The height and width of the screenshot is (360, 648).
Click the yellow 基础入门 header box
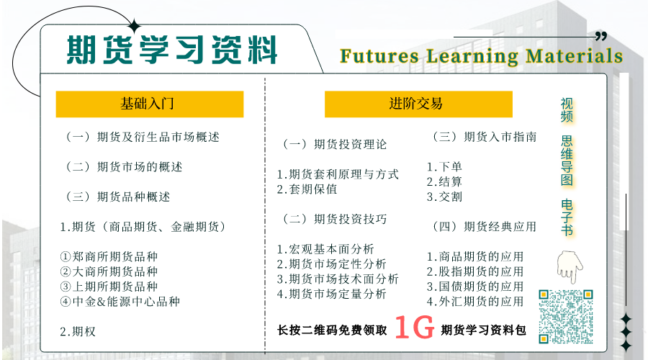(150, 104)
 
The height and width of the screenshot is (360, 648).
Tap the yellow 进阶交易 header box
(418, 104)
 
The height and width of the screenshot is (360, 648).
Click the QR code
(566, 317)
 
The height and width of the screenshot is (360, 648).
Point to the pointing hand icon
(570, 266)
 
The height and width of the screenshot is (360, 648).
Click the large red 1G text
(415, 328)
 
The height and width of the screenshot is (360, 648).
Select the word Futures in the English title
(379, 56)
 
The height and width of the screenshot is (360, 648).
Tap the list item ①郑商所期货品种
(109, 256)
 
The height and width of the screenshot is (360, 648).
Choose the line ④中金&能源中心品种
(120, 302)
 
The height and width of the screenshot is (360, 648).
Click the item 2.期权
(78, 331)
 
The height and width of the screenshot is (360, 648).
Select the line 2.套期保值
(307, 189)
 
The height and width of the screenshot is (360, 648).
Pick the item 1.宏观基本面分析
(325, 249)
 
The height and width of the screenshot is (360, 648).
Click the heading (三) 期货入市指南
(485, 137)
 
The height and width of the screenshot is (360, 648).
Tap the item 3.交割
(444, 197)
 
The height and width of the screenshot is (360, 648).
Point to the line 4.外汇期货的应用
(475, 302)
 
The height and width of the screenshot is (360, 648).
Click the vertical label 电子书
(567, 217)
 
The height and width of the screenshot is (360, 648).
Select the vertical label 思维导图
(567, 161)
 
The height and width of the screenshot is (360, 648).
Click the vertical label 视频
(567, 110)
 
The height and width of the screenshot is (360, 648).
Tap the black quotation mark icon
(601, 37)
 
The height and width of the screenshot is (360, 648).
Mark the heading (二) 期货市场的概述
(124, 167)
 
